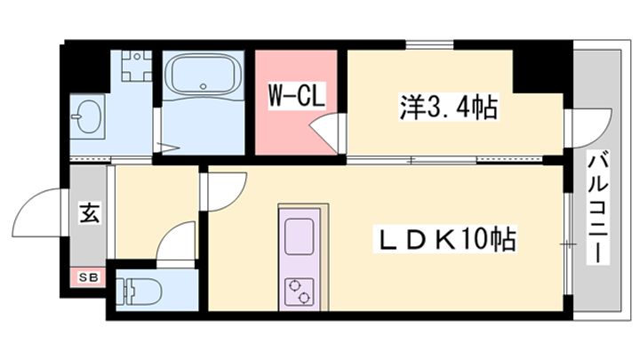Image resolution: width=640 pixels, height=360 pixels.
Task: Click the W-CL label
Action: pos(296,93)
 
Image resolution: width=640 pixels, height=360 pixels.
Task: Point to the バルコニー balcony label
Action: pos(598,207)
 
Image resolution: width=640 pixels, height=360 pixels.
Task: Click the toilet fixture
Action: pos(142,289)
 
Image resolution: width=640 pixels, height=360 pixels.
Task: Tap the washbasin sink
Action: pos(90,117)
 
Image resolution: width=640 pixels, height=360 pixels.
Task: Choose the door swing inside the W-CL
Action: pos(324,136)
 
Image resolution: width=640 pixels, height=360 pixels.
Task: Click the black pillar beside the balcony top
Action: pos(542,68)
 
